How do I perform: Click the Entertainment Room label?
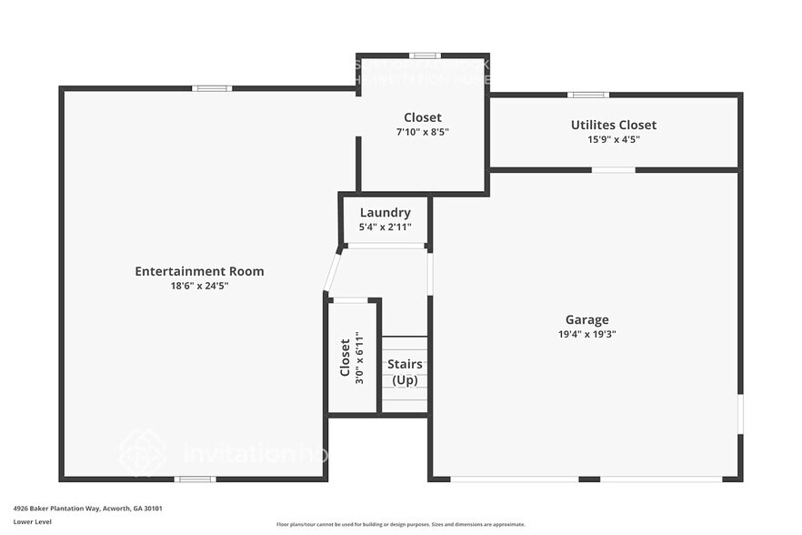[x=199, y=271]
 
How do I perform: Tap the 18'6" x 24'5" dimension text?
[x=199, y=286]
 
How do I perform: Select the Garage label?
[x=586, y=319]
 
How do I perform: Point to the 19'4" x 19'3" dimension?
[x=586, y=334]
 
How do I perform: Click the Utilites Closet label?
[x=613, y=125]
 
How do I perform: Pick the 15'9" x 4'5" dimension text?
[x=613, y=139]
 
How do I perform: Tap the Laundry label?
[x=385, y=213]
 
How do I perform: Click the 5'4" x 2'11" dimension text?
[x=385, y=227]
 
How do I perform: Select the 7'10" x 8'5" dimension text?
[x=423, y=132]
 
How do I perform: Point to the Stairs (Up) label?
[x=405, y=372]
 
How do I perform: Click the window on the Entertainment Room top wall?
[x=211, y=88]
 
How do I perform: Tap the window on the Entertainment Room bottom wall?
[x=195, y=479]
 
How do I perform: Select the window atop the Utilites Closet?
[x=588, y=95]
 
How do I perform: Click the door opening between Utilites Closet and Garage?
[x=613, y=170]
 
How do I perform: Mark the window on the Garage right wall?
[x=740, y=413]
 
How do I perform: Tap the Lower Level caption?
[x=32, y=522]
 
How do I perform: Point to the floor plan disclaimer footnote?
[x=400, y=524]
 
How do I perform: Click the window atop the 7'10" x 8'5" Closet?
[x=424, y=56]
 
